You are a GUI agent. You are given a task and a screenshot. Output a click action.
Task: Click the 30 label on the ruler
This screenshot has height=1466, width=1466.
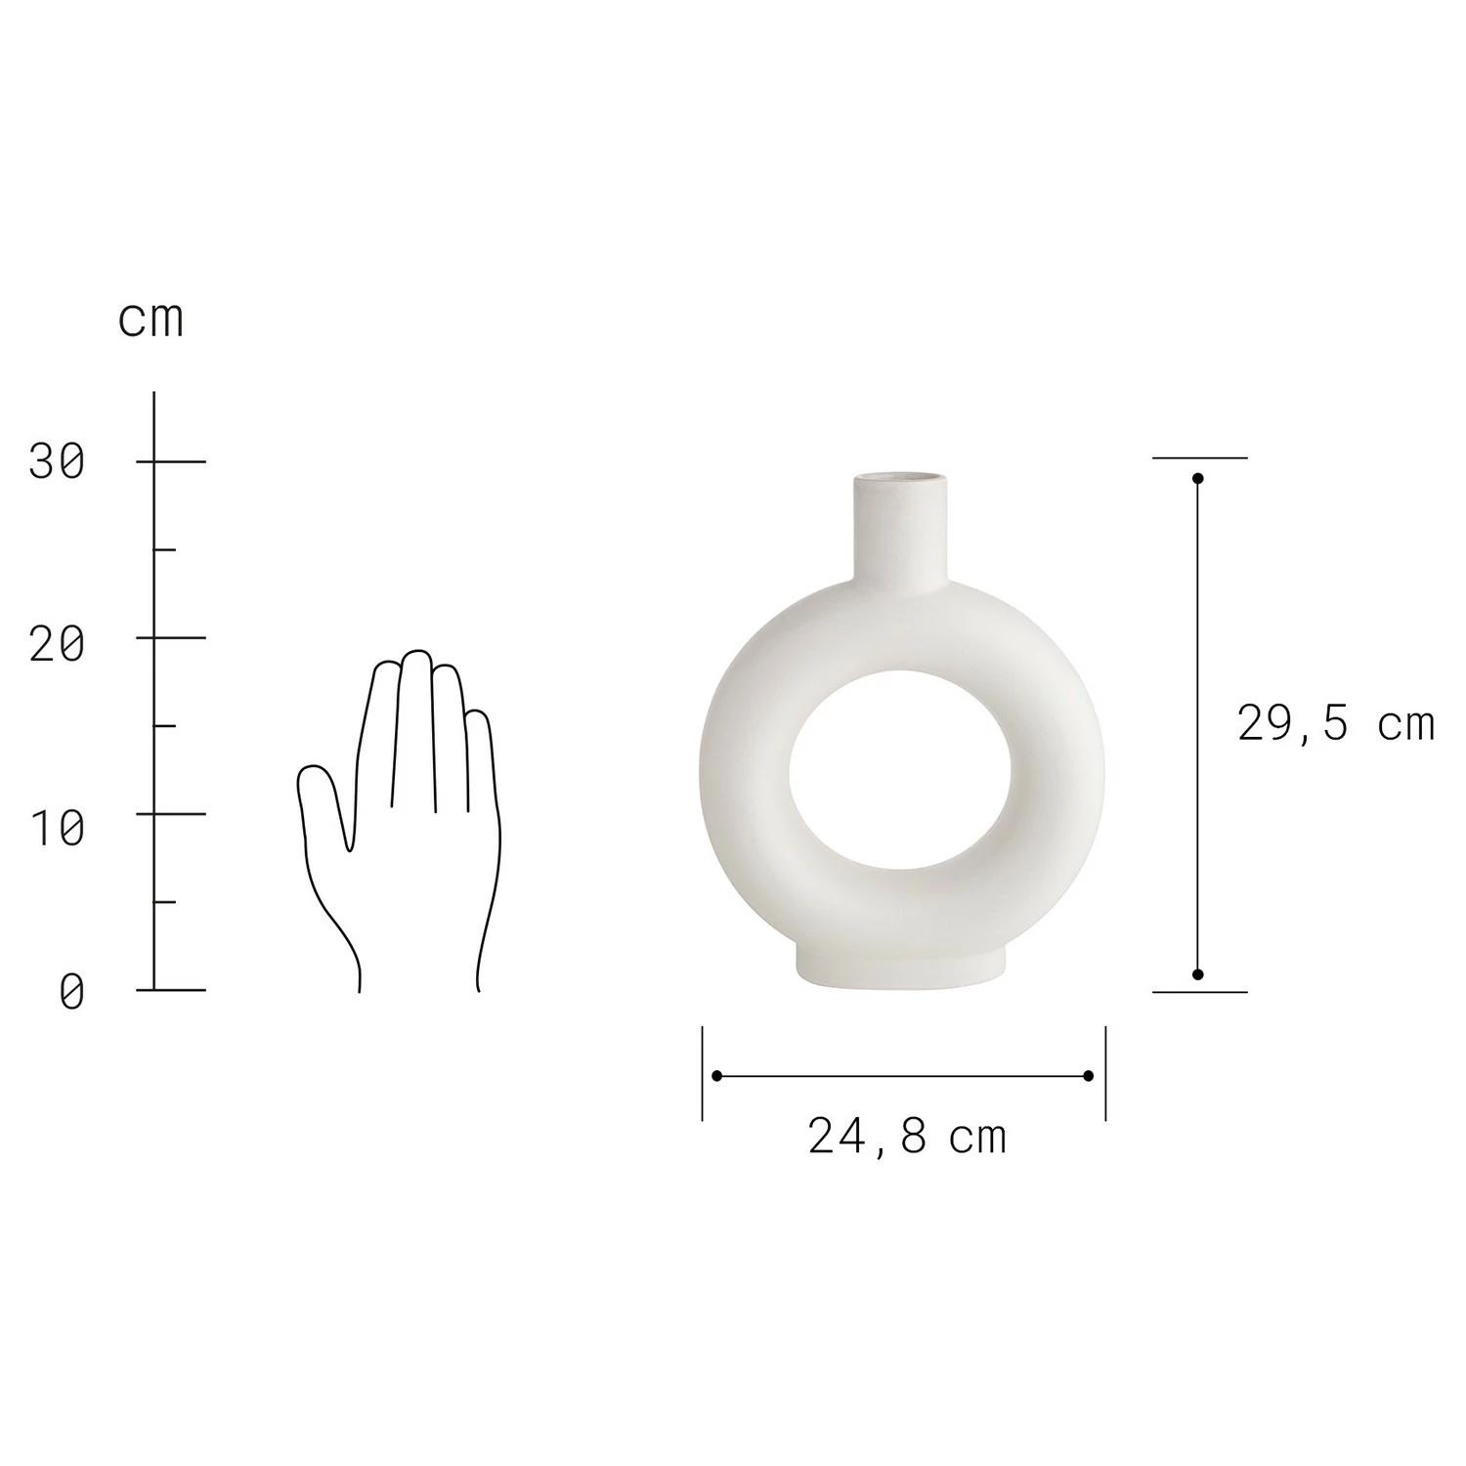point(57,461)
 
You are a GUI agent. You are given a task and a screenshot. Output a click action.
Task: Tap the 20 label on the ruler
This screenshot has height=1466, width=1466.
point(57,644)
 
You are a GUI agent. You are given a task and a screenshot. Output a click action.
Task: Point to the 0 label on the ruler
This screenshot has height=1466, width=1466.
point(72,993)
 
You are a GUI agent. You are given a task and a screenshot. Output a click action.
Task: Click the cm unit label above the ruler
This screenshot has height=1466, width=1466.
point(151,320)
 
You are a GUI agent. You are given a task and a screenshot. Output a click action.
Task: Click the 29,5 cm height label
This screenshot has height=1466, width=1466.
point(1335,724)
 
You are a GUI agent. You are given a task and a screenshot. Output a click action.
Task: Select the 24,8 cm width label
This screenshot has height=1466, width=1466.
point(907,1138)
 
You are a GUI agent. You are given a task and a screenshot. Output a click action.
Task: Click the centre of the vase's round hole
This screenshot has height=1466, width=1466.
point(900,770)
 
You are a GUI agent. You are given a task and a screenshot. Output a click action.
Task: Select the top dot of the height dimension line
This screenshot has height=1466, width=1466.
point(1198,479)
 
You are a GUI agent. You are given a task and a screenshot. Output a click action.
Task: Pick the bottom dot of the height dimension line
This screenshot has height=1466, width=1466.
point(1198,974)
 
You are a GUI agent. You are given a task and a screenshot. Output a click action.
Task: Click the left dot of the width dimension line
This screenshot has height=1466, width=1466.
point(717,1076)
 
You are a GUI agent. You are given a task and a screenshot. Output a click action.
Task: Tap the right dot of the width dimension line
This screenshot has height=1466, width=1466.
point(1089,1076)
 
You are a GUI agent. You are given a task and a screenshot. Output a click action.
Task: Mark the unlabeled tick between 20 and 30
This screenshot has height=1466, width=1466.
point(164,549)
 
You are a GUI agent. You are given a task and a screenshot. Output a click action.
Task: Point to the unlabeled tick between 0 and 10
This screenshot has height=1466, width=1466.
point(164,901)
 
